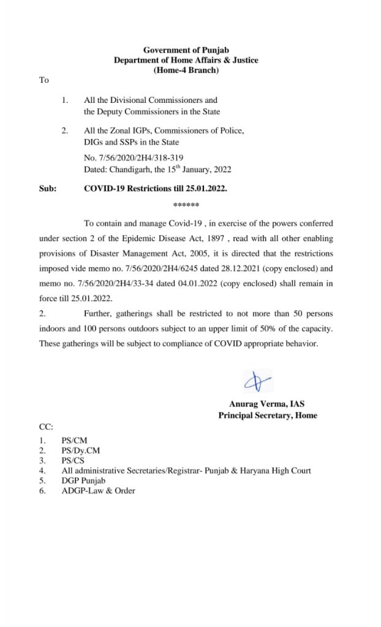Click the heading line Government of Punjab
pyautogui.click(x=186, y=50)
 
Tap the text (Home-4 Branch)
pyautogui.click(x=186, y=70)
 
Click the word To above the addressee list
pyautogui.click(x=43, y=80)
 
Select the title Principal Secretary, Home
pyautogui.click(x=268, y=415)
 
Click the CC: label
pyautogui.click(x=46, y=427)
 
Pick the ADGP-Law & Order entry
pyautogui.click(x=99, y=490)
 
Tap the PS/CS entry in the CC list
pyautogui.click(x=73, y=460)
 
